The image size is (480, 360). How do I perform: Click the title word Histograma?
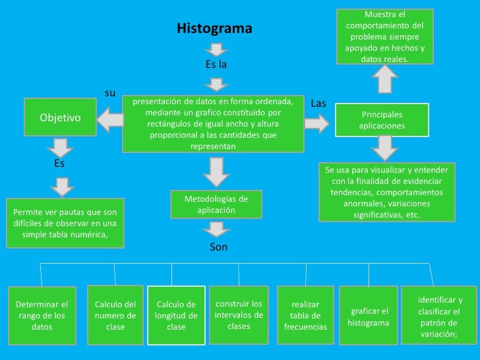tap(214, 29)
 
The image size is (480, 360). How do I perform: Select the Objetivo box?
tap(60, 118)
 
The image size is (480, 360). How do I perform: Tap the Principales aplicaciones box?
tap(382, 119)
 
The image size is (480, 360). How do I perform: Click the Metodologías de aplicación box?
tap(216, 204)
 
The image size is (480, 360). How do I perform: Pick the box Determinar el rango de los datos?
tap(42, 315)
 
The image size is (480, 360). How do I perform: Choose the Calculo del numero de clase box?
tap(115, 315)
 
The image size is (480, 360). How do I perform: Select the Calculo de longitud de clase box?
tap(176, 315)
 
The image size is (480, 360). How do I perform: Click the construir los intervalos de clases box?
tap(239, 315)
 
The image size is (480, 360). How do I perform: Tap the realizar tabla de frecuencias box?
tap(305, 315)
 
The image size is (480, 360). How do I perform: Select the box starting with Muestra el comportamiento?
tap(384, 36)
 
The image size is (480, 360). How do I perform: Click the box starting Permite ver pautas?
tap(65, 223)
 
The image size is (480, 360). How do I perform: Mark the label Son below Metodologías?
tap(218, 247)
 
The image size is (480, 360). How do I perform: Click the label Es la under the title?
tap(216, 65)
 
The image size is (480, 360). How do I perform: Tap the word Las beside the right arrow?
tap(318, 104)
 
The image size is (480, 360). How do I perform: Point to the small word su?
tap(111, 93)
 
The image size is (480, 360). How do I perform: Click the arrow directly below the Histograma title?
tap(216, 49)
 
